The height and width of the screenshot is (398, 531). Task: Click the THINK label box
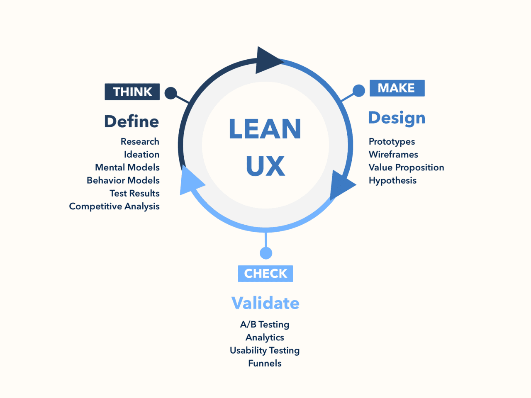pos(132,92)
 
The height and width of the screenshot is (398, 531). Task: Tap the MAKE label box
pos(397,88)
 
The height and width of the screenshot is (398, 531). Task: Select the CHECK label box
pos(265,274)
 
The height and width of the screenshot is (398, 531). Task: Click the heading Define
pos(132,121)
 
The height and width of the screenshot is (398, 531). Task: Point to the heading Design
pos(397,118)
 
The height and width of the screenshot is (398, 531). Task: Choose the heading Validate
pos(265,303)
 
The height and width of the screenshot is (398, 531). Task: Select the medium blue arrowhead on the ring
pos(341,185)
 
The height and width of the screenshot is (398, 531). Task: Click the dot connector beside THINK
pos(171,93)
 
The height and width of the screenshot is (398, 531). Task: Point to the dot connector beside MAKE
pos(359,90)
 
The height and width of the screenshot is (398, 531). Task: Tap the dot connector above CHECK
pos(266,253)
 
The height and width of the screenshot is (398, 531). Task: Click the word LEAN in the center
pos(265,129)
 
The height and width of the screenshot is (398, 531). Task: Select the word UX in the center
pos(265,166)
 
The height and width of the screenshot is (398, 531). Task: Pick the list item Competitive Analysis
pos(114,206)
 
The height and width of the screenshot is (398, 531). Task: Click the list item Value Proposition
pos(406,167)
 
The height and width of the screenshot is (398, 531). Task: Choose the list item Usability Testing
pos(265,350)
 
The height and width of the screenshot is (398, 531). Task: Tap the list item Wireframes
pos(393,154)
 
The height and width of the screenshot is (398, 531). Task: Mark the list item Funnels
pos(265,363)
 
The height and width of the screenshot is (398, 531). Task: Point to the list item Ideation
pos(141,154)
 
